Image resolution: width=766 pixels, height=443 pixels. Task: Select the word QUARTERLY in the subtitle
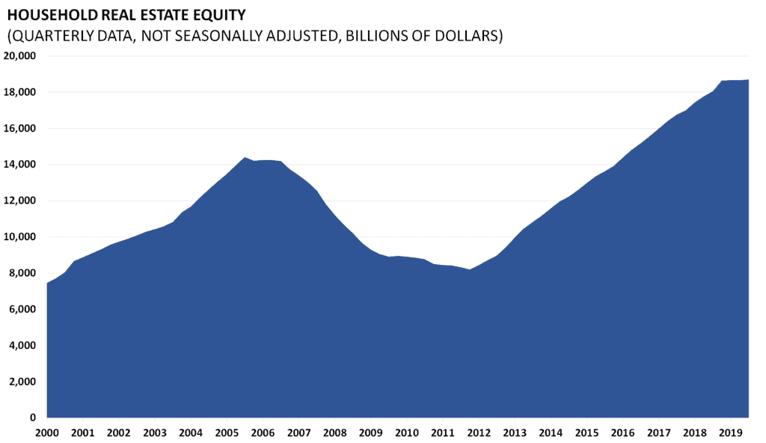53,36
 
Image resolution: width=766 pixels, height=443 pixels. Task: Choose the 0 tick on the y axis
33,418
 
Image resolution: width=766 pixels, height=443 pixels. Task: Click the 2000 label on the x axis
46,433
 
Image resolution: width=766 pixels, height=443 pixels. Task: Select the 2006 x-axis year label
263,433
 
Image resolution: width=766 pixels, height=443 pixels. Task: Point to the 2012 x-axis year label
479,433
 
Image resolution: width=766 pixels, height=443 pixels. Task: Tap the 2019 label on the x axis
731,433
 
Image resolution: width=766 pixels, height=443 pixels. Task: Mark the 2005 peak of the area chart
244,157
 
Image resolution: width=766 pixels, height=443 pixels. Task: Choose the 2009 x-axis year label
370,433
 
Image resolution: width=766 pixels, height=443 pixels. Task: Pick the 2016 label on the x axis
622,433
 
